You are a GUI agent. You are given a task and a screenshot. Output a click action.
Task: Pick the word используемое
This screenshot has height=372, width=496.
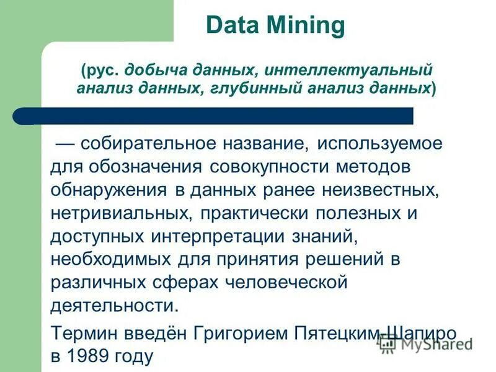tap(379, 144)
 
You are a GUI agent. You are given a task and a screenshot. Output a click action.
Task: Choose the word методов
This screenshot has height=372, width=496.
tap(378, 168)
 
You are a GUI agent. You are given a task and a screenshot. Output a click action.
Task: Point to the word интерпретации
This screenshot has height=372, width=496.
tap(218, 237)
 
